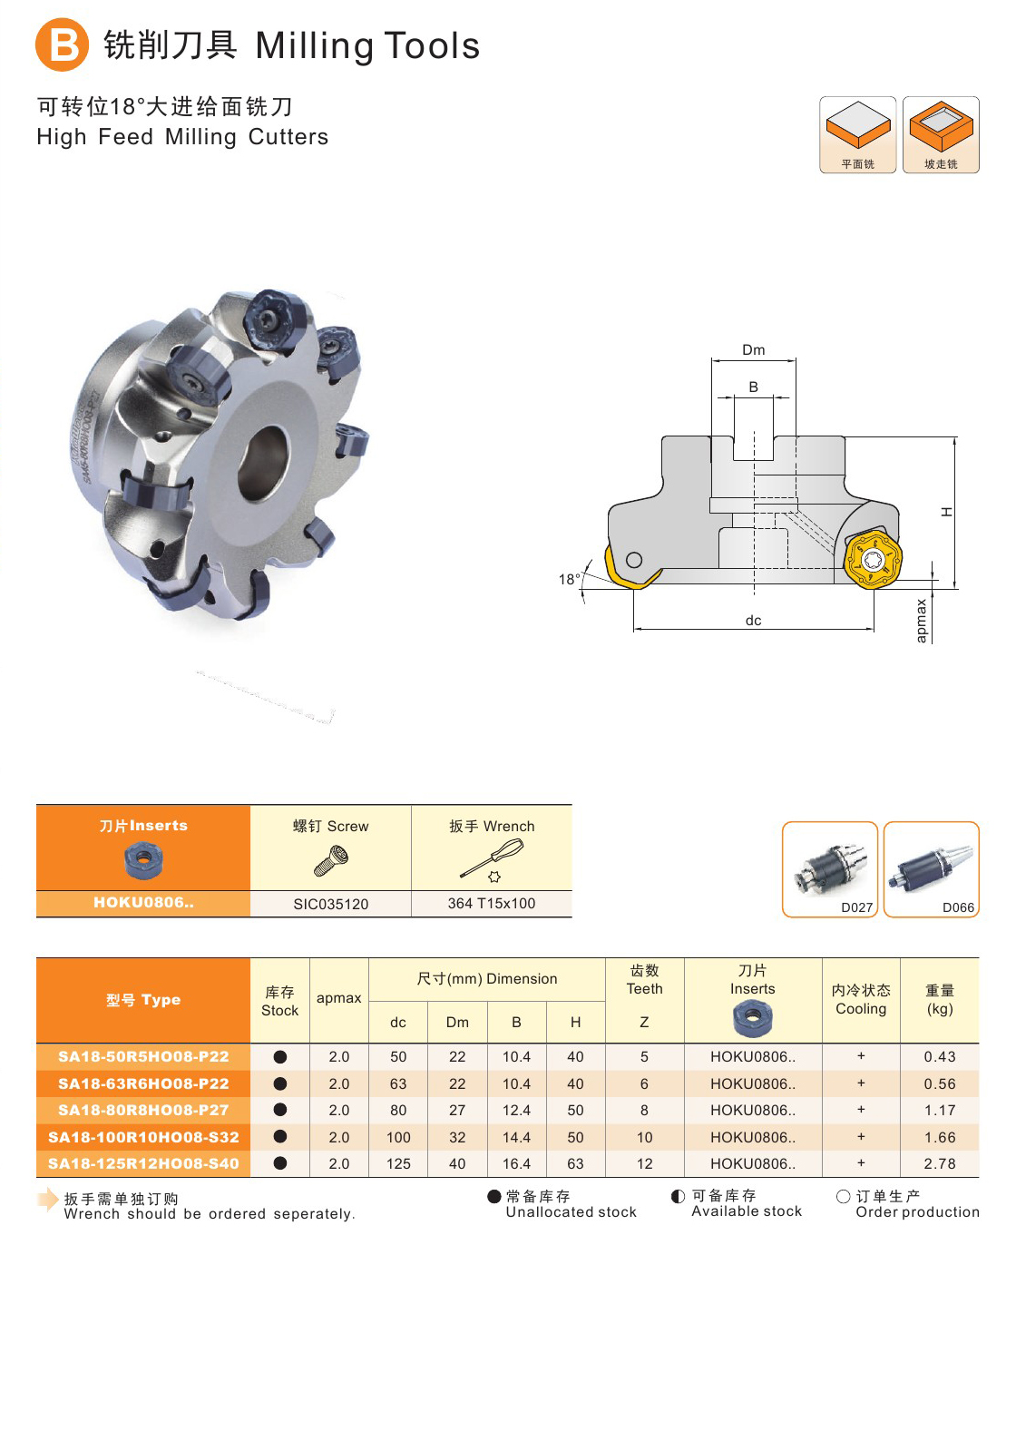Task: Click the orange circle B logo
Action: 62,44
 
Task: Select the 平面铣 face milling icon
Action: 857,135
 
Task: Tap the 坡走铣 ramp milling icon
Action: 941,135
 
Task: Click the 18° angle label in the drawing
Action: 569,580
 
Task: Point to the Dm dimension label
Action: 754,350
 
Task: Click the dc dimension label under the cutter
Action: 754,621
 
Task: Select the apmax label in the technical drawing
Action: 921,621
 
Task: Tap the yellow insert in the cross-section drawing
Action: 873,559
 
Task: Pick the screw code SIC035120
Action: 331,904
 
